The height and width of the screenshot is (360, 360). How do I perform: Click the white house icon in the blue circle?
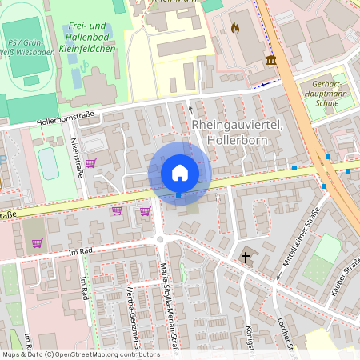[179, 173]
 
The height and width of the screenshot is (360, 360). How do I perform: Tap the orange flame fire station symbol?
[234, 28]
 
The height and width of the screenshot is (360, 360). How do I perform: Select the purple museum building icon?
[271, 60]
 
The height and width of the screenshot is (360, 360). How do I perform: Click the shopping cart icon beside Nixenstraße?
[90, 162]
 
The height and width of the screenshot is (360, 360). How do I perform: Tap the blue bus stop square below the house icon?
[178, 194]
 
